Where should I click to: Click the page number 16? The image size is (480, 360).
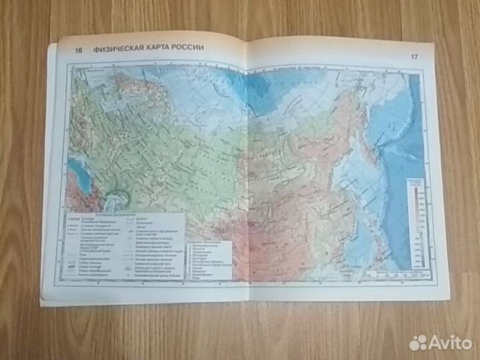(79, 49)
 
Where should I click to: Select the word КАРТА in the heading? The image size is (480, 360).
(168, 48)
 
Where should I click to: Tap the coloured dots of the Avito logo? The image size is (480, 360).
(418, 343)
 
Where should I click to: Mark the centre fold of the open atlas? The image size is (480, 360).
(247, 167)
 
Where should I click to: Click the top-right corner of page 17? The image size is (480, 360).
(433, 47)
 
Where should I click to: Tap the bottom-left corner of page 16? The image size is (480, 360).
(41, 303)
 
